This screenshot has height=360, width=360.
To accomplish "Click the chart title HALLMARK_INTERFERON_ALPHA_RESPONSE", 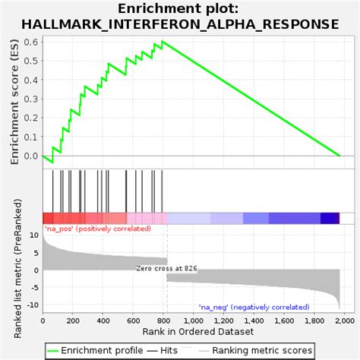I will [x=180, y=24].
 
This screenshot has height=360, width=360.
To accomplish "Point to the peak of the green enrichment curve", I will [x=162, y=41].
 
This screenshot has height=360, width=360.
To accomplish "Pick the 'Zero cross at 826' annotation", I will [x=167, y=268].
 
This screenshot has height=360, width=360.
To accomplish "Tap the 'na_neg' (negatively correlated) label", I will [x=254, y=307].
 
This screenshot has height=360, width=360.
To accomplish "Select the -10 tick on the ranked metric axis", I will [x=31, y=305].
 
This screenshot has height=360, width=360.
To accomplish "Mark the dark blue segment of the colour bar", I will [x=329, y=218].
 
